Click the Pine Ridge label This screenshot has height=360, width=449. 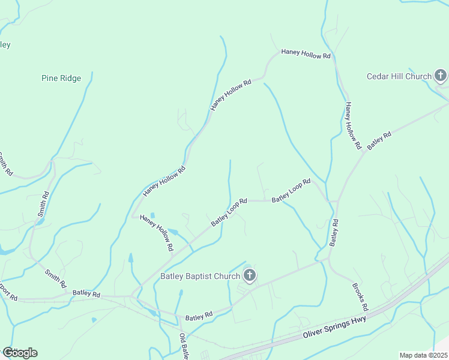tap(61, 78)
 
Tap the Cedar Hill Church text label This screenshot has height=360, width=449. tap(399, 76)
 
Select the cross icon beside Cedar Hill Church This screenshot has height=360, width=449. tap(441, 76)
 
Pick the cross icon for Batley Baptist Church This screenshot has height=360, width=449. tap(250, 276)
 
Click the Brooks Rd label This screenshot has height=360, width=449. tap(360, 297)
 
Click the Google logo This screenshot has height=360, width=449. tap(20, 353)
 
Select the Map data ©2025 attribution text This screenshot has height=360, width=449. tap(423, 355)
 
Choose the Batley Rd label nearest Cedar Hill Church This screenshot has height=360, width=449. tap(379, 140)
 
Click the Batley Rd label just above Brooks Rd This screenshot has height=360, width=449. tap(334, 233)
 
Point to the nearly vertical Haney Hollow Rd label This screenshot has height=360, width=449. tap(352, 125)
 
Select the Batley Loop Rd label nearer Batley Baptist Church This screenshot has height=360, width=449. tap(229, 212)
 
